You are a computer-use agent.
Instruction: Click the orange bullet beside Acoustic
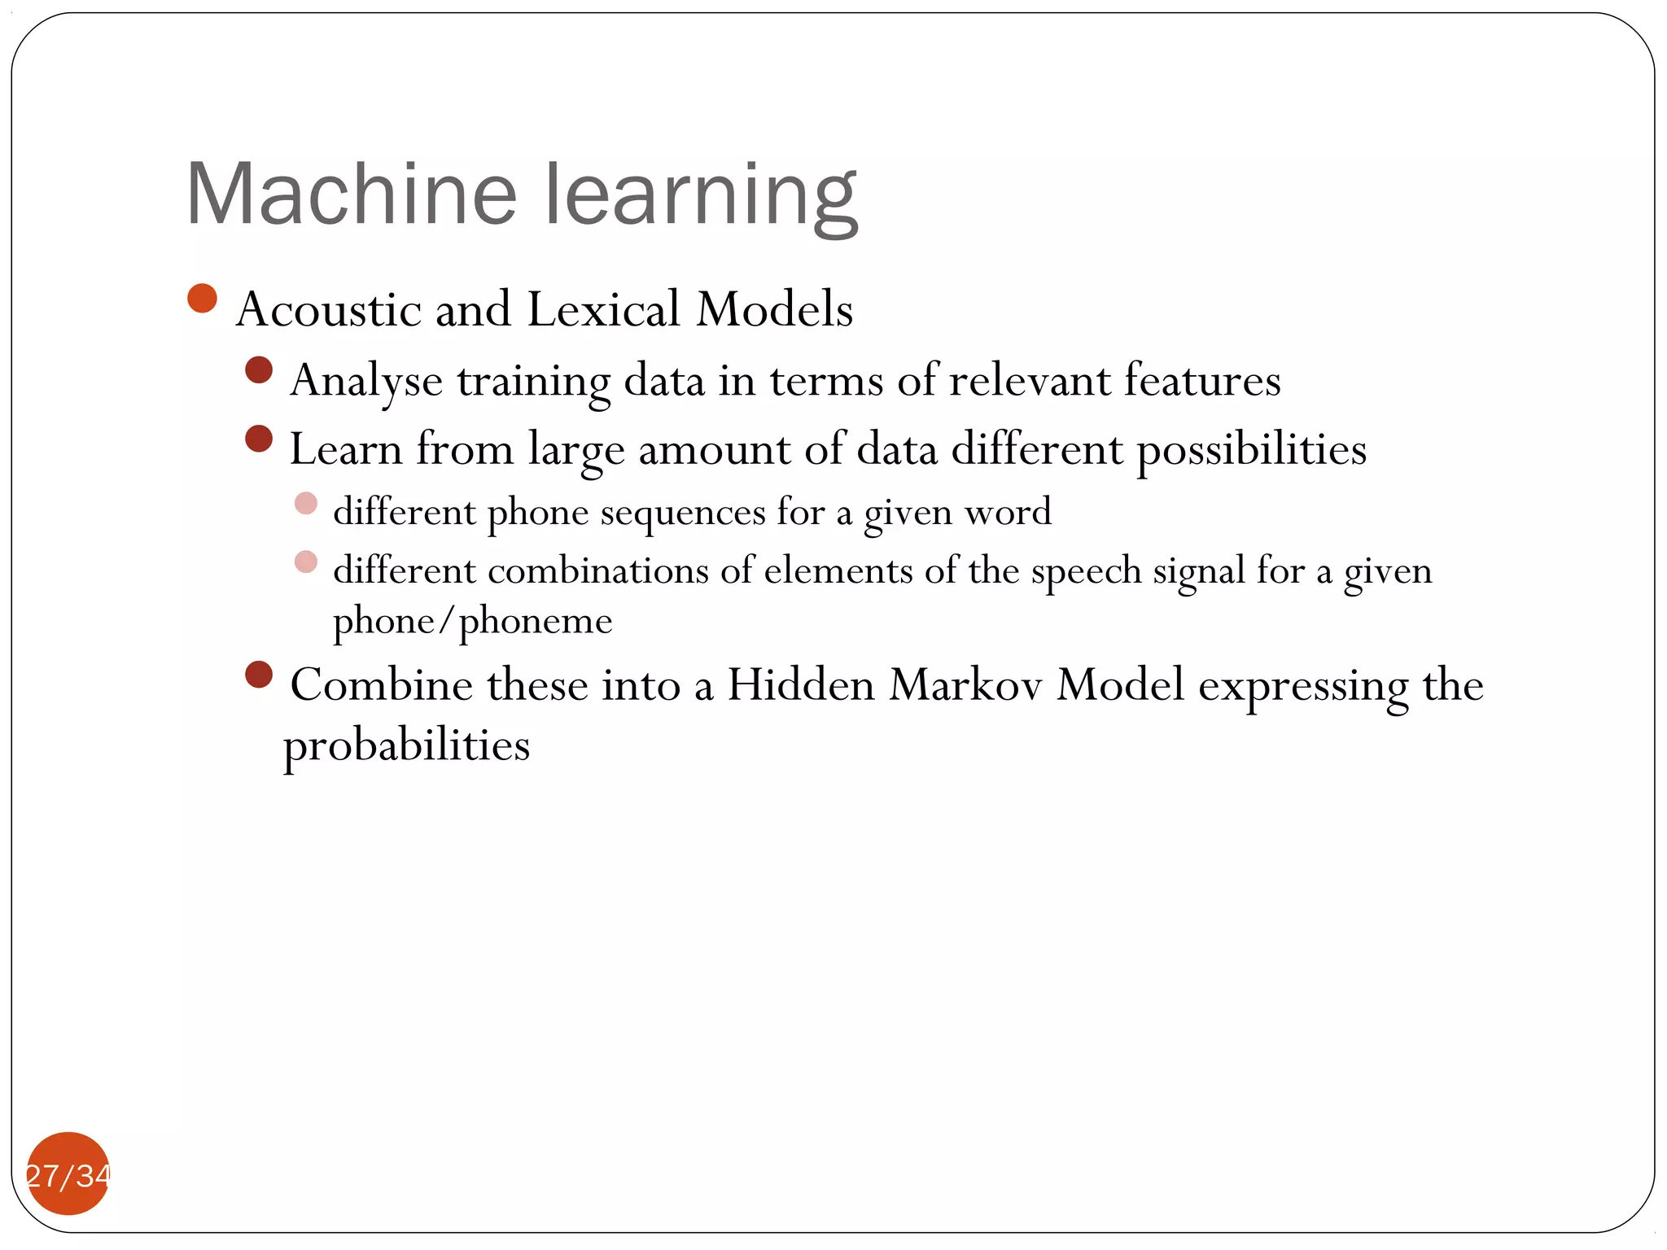[x=202, y=299]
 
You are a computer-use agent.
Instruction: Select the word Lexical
[x=603, y=309]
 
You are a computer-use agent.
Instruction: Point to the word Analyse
[x=366, y=381]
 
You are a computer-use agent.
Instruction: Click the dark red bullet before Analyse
[x=259, y=370]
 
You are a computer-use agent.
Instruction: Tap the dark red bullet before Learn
[x=259, y=439]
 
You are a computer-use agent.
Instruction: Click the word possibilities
[x=1251, y=450]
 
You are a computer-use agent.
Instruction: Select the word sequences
[x=683, y=513]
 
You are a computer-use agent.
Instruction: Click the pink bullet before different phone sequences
[x=306, y=503]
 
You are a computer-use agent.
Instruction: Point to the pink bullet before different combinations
[x=306, y=562]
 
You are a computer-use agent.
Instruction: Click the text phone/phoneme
[x=472, y=622]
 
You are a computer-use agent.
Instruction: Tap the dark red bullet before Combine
[x=259, y=675]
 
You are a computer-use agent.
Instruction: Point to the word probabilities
[x=406, y=745]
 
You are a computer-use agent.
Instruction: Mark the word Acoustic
[x=328, y=309]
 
